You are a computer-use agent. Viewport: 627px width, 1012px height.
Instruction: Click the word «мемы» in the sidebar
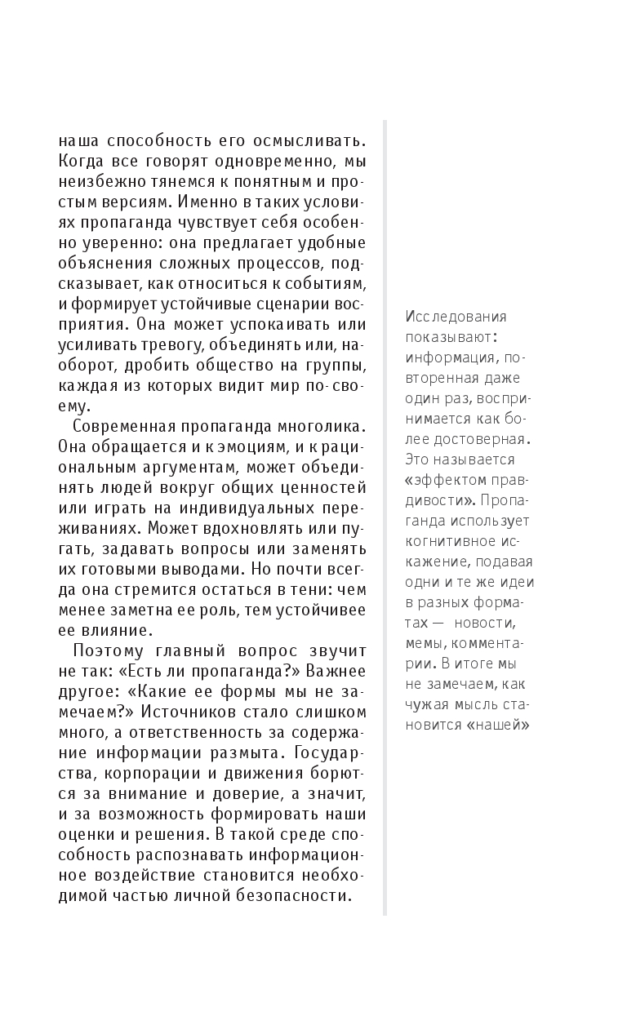[425, 642]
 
